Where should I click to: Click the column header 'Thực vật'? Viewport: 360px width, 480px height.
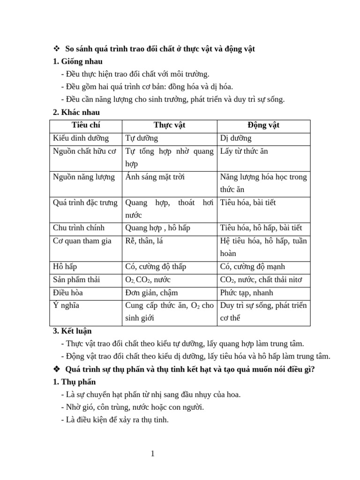click(169, 125)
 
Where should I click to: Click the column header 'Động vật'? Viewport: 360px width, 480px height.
click(263, 125)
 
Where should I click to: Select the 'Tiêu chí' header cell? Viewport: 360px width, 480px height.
click(86, 125)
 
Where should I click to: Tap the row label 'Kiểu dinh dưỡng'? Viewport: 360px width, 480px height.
click(81, 138)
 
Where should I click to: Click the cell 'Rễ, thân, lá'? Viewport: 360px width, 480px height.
click(144, 241)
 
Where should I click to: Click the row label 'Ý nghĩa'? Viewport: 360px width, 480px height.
click(66, 306)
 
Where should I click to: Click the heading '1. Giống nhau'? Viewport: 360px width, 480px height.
click(78, 61)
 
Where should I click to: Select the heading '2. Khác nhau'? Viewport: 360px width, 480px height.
click(76, 112)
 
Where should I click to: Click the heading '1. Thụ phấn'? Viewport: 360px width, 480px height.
click(75, 382)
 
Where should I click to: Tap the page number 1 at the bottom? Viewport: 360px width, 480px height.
click(152, 453)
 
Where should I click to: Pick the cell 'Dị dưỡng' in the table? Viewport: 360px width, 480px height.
click(236, 138)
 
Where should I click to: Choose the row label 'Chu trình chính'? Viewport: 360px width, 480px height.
click(78, 228)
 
